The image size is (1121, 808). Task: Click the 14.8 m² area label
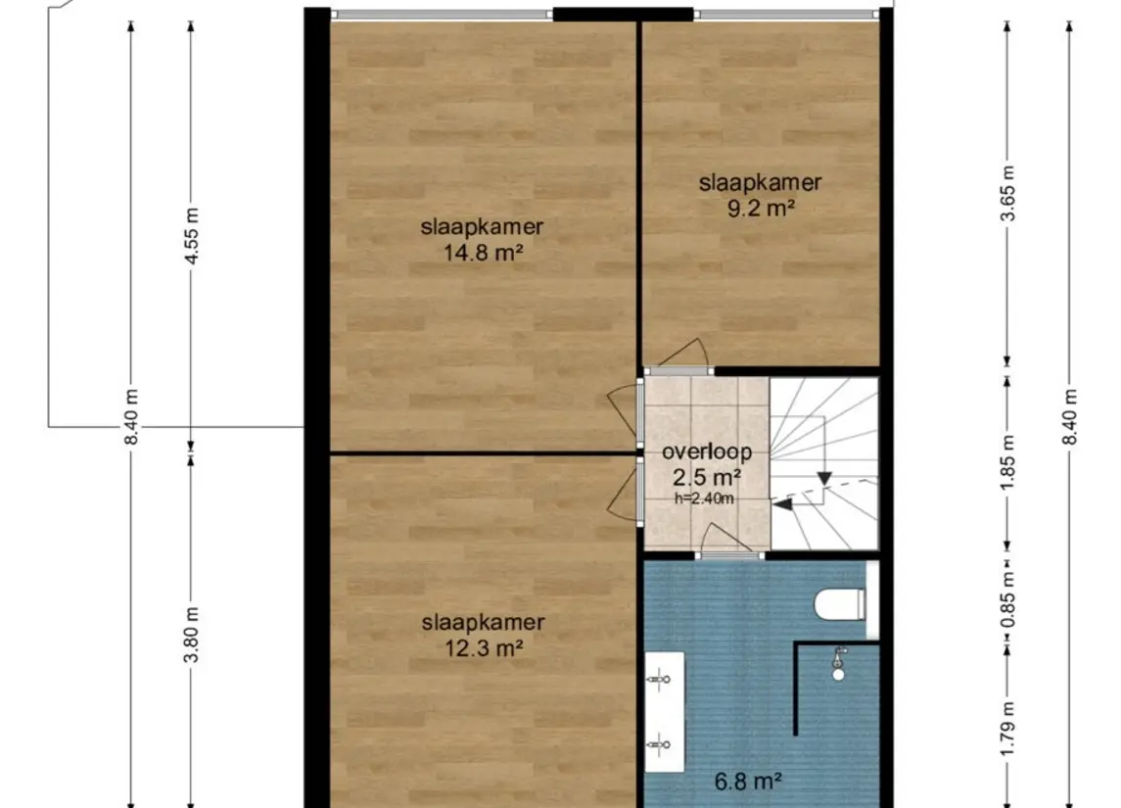coord(484,253)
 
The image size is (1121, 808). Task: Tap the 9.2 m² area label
coord(761,208)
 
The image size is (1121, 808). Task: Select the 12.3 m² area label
coord(484,647)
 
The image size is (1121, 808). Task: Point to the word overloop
coord(706,452)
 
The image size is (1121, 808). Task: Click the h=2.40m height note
coord(704,499)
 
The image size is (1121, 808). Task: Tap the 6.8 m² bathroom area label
coord(748,781)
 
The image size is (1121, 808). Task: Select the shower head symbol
coord(839,663)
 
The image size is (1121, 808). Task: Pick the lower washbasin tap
coord(659,745)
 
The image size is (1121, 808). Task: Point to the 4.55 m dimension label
coord(192,236)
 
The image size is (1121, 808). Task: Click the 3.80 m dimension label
coord(192,635)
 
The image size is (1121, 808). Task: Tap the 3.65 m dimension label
coord(1008,193)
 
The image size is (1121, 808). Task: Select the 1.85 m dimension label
coord(1008,463)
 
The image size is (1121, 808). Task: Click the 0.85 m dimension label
coord(1008,599)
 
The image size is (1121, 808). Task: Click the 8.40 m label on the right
coord(1069,417)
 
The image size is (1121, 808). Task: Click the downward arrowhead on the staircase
coord(825,478)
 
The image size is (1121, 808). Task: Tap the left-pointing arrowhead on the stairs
coord(783,504)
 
